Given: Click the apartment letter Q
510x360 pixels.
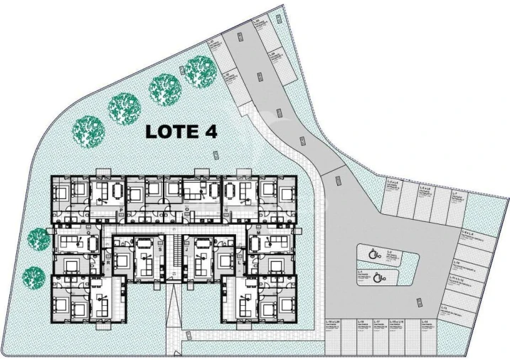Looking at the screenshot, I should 88,233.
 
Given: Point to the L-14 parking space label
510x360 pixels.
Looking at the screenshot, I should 425,322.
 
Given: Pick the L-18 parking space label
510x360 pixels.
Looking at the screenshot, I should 361,322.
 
